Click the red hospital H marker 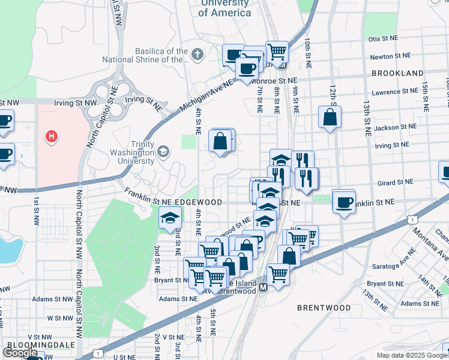point(52,137)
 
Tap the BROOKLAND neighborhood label point(397,73)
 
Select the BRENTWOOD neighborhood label point(324,308)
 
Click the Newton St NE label point(390,56)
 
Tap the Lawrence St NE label point(394,92)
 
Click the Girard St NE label point(396,181)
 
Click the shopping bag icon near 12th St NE point(330,117)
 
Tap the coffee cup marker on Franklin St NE point(343,202)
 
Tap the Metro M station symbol point(262,287)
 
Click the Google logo point(21,353)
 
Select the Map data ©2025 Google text point(411,355)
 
